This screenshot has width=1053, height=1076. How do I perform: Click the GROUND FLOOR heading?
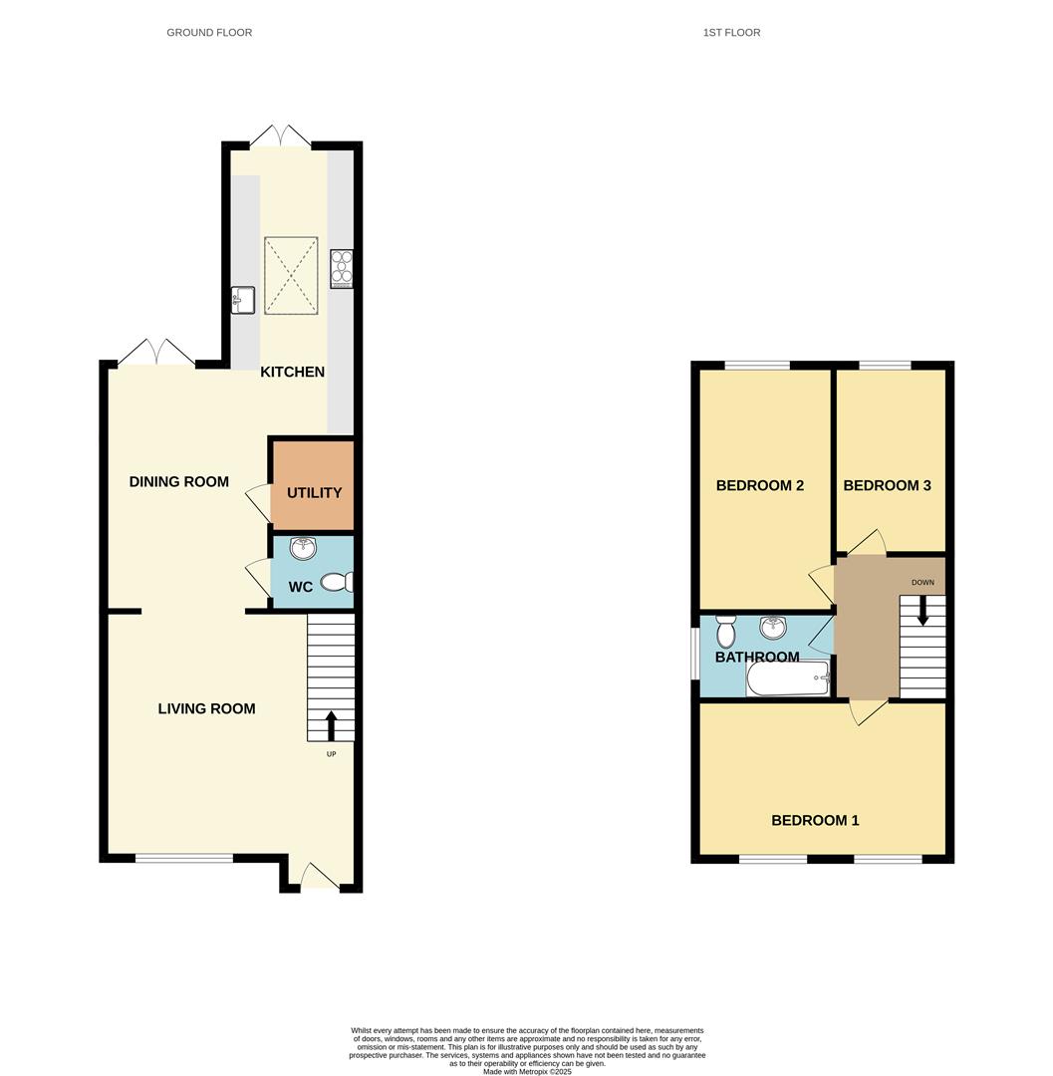pos(209,33)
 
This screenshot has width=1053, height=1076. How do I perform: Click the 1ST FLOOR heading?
pos(731,33)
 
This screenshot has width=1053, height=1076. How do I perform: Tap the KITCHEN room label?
pos(292,373)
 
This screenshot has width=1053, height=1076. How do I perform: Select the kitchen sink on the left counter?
pos(243,299)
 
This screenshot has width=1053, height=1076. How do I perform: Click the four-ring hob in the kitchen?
pos(342,268)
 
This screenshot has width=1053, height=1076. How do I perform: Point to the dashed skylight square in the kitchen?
pos(291,276)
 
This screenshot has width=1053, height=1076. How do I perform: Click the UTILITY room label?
pos(314,493)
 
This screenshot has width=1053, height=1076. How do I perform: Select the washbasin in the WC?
pos(303,549)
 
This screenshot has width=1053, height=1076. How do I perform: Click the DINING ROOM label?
pos(179,482)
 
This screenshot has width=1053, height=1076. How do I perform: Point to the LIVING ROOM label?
pos(206,709)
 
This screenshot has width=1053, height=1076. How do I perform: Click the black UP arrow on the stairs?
pos(331,724)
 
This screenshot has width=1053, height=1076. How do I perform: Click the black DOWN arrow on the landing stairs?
pos(922,609)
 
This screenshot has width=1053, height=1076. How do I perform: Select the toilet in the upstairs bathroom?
pos(725,631)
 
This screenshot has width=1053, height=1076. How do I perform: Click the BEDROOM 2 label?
pos(759,486)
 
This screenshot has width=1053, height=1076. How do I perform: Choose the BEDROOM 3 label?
pos(887,486)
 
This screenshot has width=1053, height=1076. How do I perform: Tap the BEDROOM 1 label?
pos(815,821)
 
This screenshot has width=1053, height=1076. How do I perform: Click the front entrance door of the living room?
pos(319,877)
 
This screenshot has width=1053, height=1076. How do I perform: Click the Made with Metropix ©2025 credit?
pos(527,1071)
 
